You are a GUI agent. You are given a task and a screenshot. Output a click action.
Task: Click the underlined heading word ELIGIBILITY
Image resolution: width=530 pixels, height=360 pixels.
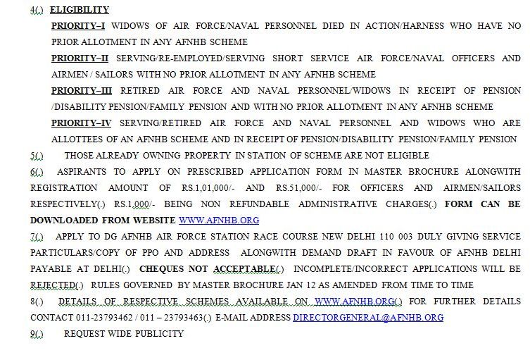click(80, 10)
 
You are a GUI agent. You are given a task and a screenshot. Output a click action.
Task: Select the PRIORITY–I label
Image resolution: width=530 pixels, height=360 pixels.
click(78, 26)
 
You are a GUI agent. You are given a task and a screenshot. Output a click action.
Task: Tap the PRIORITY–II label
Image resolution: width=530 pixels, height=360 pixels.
click(80, 58)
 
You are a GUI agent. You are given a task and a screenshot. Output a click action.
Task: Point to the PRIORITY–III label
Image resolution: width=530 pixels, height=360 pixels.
click(82, 91)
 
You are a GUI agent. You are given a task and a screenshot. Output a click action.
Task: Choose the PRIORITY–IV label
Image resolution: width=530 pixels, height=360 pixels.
click(82, 123)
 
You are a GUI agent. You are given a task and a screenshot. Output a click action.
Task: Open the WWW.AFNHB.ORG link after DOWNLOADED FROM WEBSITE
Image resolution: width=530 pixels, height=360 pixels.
click(219, 221)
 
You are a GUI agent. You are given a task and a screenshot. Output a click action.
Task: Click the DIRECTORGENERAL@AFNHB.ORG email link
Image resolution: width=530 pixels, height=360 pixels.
click(368, 318)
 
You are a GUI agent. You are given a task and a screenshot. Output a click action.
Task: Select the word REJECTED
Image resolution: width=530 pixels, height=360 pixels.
click(52, 285)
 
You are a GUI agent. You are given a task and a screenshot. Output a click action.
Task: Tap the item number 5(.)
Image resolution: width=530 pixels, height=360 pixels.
click(37, 156)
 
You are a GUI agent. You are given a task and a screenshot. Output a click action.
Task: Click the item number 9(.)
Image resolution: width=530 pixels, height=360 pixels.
click(37, 334)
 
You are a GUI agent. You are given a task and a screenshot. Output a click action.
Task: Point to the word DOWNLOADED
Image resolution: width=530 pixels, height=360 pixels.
click(66, 221)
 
